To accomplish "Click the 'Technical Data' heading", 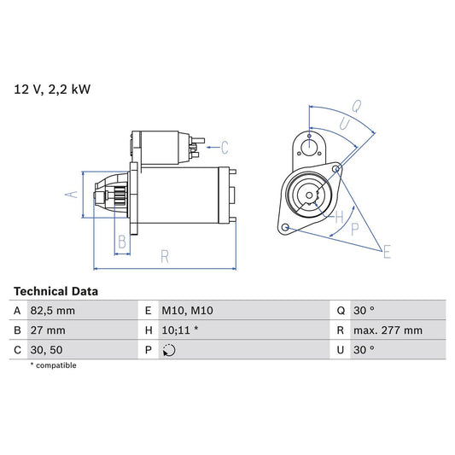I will (x=55, y=291).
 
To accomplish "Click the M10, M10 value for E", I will (x=185, y=311).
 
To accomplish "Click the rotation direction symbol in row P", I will (x=169, y=350).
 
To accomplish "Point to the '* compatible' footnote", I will (x=54, y=365).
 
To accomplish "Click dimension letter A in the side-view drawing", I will (x=73, y=195).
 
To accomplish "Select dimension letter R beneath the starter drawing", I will (x=164, y=254).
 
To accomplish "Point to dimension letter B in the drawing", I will (x=122, y=242).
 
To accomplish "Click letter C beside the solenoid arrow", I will (x=225, y=145).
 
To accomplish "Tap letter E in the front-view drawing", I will (x=387, y=251).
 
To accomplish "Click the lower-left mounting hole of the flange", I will (x=286, y=228).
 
